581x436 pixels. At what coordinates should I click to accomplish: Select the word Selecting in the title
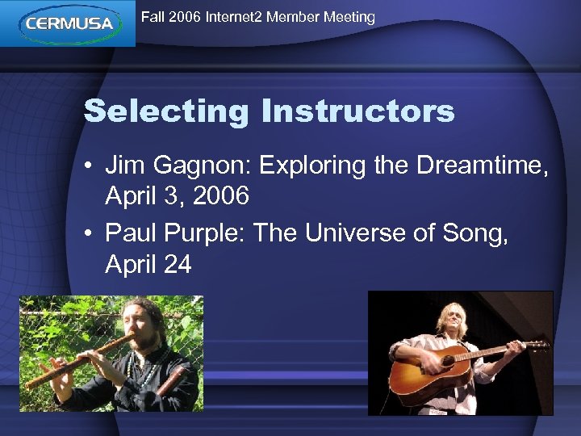tap(167, 111)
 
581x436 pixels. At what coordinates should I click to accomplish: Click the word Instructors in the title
tap(357, 111)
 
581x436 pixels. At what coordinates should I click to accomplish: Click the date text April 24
tap(148, 263)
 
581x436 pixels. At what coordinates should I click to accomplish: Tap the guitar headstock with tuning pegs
tap(536, 346)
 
